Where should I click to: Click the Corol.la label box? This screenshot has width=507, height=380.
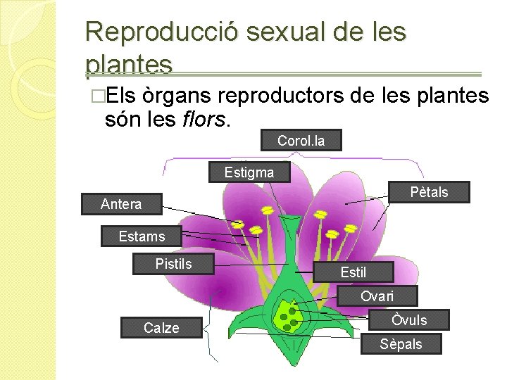coord(301,141)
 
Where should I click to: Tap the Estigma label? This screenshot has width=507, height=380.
coord(249,172)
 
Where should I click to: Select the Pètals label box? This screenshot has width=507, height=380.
coord(429,192)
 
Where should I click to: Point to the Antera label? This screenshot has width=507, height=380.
coord(121,204)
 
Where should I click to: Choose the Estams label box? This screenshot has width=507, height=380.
coord(142,236)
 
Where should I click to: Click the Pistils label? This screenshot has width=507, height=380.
coord(173,264)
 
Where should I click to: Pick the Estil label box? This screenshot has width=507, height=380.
coord(353,272)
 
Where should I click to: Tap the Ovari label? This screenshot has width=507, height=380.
coord(377,296)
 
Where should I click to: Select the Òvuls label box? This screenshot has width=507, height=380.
coord(409,320)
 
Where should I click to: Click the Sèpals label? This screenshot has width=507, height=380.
coord(401,344)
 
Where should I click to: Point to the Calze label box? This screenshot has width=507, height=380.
coord(161,328)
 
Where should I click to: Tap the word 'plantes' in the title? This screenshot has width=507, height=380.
coord(128,65)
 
